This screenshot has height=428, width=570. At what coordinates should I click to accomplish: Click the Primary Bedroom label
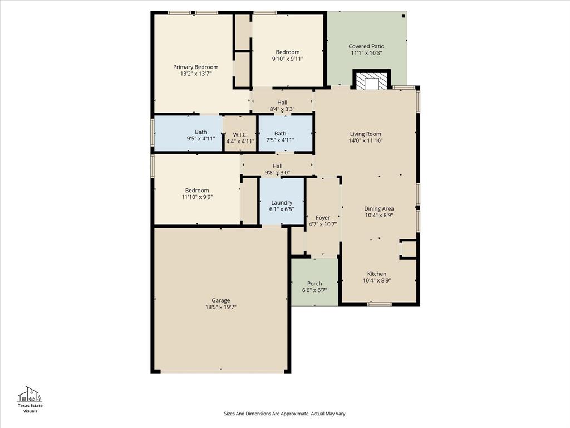coord(195,67)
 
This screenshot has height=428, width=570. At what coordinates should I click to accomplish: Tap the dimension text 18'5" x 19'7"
coord(220,307)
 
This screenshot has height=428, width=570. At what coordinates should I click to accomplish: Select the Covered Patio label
coord(366,46)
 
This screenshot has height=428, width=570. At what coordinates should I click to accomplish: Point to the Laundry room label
coord(282,202)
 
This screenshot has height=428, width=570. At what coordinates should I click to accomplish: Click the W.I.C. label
coord(240,134)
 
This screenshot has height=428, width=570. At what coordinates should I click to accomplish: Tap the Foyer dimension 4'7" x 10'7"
coord(323,225)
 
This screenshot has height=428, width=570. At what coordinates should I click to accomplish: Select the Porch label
coord(315,284)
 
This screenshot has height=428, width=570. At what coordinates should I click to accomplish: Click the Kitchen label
coord(376,274)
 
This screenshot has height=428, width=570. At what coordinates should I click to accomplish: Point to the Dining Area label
coord(379,208)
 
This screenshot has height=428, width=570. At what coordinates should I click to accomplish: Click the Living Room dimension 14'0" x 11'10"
coord(366,141)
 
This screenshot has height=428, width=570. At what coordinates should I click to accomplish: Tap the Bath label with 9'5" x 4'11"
coord(201,132)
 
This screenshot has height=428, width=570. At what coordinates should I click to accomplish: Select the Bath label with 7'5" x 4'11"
coord(280,133)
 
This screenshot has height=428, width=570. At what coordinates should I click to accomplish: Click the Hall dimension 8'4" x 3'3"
coord(282,109)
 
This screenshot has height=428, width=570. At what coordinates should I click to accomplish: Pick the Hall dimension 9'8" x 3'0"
coord(277,173)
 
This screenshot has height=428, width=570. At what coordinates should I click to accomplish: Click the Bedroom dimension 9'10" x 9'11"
coord(288,59)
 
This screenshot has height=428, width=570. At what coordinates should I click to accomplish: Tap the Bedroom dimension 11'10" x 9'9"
coord(197,197)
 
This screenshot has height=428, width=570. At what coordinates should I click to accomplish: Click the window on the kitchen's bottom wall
coord(379,304)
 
